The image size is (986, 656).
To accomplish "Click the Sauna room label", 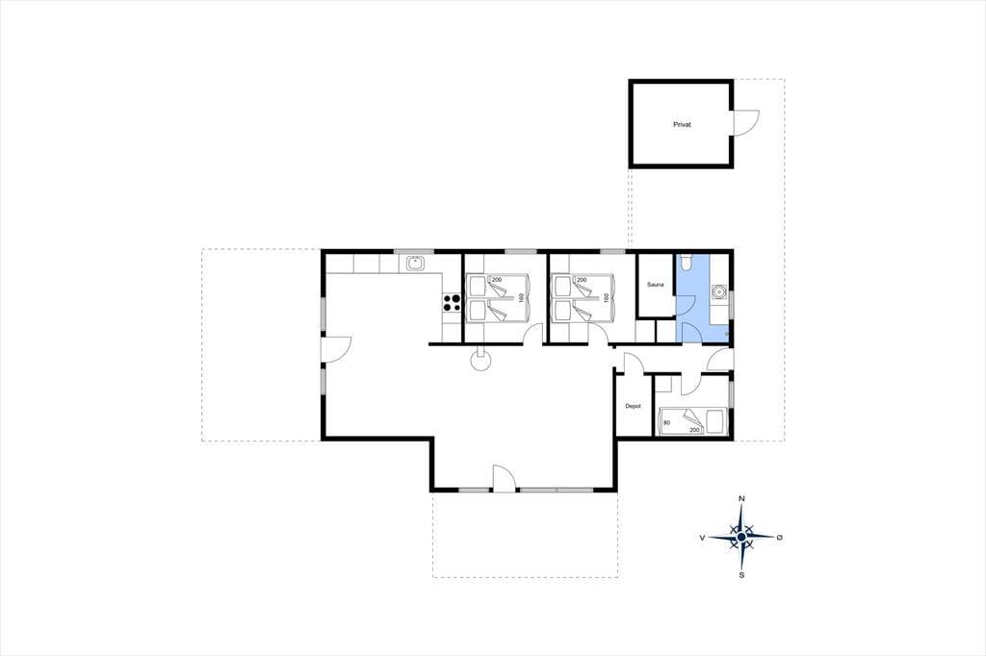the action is tap(655, 285).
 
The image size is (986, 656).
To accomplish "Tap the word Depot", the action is tap(633, 407).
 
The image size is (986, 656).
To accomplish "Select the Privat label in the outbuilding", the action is tap(682, 125).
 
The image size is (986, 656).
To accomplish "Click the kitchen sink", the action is tap(414, 264).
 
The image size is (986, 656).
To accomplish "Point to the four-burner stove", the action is tap(452, 303).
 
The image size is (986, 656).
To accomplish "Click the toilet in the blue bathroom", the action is tap(686, 260).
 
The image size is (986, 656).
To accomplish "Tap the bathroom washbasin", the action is tap(718, 292).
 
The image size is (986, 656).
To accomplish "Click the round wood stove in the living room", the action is tap(480, 361).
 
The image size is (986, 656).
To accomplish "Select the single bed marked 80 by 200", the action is tap(691, 421).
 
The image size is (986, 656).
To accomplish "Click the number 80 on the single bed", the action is tap(666, 422).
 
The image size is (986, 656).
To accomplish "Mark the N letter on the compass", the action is tap(742, 499).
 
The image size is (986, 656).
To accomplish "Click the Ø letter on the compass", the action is tap(780, 538).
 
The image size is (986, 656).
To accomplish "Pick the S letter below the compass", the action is tap(742, 574).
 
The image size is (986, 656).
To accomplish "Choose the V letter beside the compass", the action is tap(702, 538).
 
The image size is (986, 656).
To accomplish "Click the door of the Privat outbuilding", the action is tap(746, 122).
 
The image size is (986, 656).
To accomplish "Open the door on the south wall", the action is tap(505, 477).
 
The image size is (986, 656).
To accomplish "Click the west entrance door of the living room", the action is tap(336, 351).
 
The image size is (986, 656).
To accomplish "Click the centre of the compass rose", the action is tap(742, 538).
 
